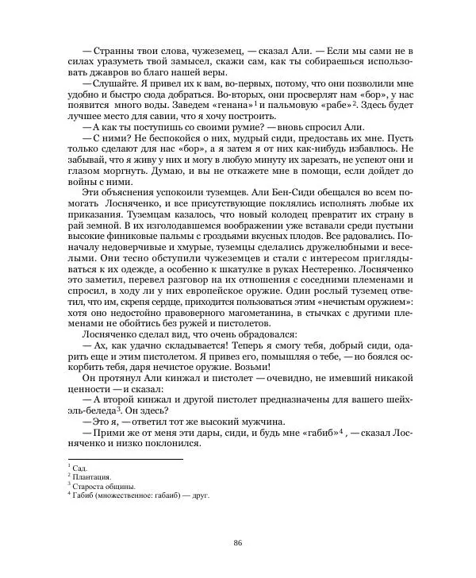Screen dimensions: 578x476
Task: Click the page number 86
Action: (x=237, y=542)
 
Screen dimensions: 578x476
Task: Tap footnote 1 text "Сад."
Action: (x=80, y=469)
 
